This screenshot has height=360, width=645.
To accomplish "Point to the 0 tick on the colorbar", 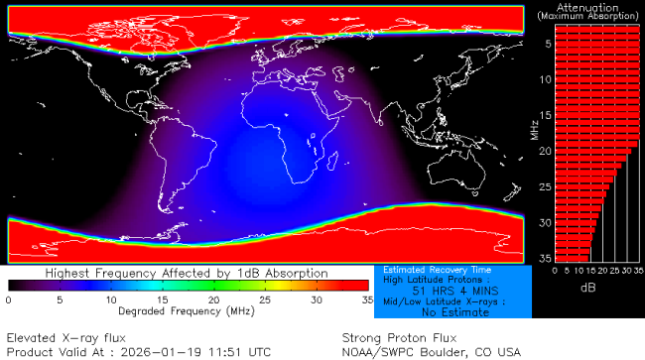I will (x=8, y=299).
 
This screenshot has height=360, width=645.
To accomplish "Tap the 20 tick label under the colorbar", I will (x=214, y=299).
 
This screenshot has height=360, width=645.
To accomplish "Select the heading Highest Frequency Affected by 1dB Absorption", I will (x=188, y=273).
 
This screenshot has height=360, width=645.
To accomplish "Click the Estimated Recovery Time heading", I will (x=431, y=269).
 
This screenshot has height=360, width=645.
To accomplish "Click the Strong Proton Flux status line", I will (x=391, y=337).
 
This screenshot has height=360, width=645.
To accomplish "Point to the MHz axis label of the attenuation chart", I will (x=535, y=129).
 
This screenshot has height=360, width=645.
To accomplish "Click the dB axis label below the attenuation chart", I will (x=594, y=288).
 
